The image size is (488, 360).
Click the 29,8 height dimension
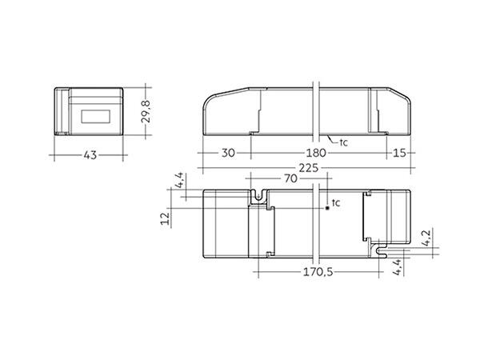146,111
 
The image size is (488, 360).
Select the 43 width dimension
90,154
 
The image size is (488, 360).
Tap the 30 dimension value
228,153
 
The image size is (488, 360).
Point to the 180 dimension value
316,153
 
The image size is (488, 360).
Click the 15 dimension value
399,153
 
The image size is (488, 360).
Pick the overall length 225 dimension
309,168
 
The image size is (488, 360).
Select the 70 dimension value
290,178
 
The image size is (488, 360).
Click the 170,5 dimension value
318,272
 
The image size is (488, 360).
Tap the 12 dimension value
166,218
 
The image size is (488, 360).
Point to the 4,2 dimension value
426,238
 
